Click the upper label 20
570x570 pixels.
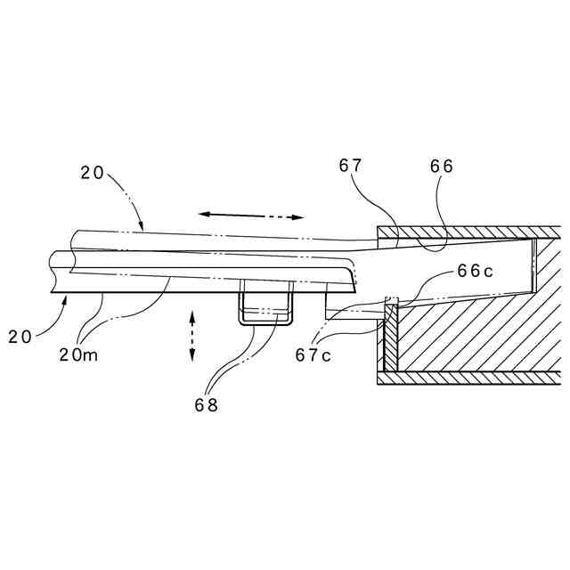[93, 174]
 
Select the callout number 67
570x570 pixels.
[352, 166]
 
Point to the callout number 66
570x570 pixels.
[441, 166]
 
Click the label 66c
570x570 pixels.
[476, 272]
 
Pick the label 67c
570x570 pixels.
[313, 354]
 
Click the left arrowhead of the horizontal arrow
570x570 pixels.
[202, 214]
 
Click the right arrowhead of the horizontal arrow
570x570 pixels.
[300, 216]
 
